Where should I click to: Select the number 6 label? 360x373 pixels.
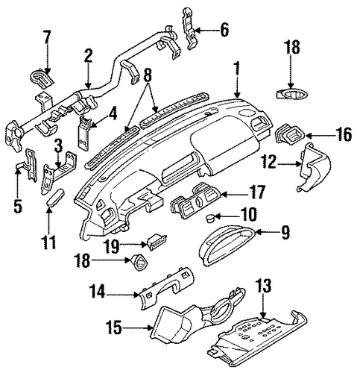coord(224,30)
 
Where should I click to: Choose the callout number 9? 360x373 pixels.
coord(285,232)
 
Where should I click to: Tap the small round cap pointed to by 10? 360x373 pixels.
coord(209,218)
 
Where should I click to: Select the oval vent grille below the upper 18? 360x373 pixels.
coord(292,95)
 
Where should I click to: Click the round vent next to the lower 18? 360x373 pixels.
coord(139,263)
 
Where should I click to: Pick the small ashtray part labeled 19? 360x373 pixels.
coord(157,240)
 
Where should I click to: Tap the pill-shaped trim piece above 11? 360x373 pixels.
coord(56,197)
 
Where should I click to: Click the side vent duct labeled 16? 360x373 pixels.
coord(290,134)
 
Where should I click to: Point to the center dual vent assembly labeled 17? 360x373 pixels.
coord(195,204)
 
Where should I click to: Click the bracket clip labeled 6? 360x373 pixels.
coord(190,28)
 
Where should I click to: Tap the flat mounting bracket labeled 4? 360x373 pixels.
coord(84,133)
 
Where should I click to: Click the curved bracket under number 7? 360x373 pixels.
coord(42,78)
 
